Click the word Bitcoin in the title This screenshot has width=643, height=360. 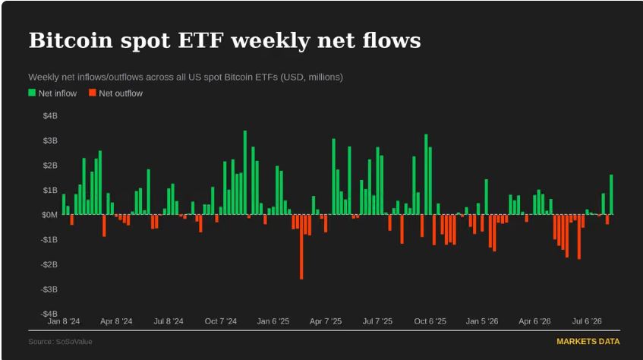71,40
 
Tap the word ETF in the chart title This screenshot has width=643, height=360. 201,40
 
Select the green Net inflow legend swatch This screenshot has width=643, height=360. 32,93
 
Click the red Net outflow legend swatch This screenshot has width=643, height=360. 93,93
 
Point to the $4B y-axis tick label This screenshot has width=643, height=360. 50,115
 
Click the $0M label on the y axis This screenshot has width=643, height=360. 49,215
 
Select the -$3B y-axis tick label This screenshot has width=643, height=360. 49,289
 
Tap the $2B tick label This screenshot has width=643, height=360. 50,166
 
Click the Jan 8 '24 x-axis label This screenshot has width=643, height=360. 64,321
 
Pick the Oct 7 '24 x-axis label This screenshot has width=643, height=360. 221,321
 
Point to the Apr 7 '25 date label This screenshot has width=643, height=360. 326,321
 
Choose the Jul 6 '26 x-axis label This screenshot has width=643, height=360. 587,321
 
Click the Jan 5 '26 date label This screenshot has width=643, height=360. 482,321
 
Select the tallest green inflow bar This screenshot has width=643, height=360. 244,172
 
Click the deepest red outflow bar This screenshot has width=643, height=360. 301,247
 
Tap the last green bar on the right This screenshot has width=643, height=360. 611,194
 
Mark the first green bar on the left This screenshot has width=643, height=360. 64,204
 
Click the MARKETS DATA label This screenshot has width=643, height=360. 588,342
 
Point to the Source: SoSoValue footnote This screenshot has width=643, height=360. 60,342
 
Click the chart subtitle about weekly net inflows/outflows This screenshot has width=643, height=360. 186,77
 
